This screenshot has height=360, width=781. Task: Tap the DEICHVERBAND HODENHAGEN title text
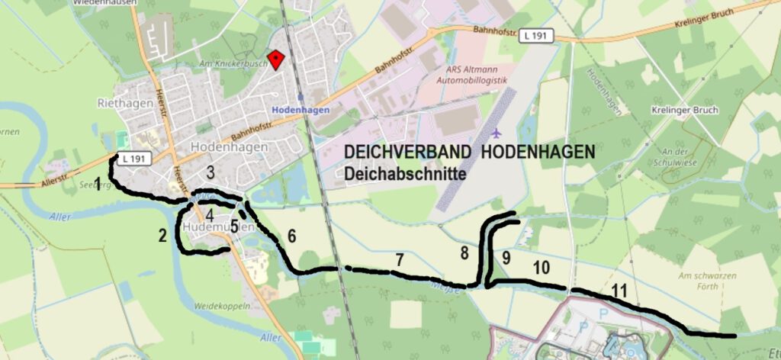tap(469, 153)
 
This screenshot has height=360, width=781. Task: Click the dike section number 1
tap(98, 183)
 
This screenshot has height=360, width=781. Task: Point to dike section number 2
tap(162, 235)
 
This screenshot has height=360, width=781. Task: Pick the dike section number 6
tap(291, 236)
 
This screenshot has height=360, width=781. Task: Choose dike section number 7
tap(399, 259)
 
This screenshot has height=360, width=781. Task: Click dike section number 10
tap(541, 267)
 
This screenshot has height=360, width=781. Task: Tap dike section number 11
tap(619, 290)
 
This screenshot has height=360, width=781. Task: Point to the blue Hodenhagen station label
tap(301, 110)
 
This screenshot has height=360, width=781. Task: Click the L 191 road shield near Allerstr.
tap(127, 159)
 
